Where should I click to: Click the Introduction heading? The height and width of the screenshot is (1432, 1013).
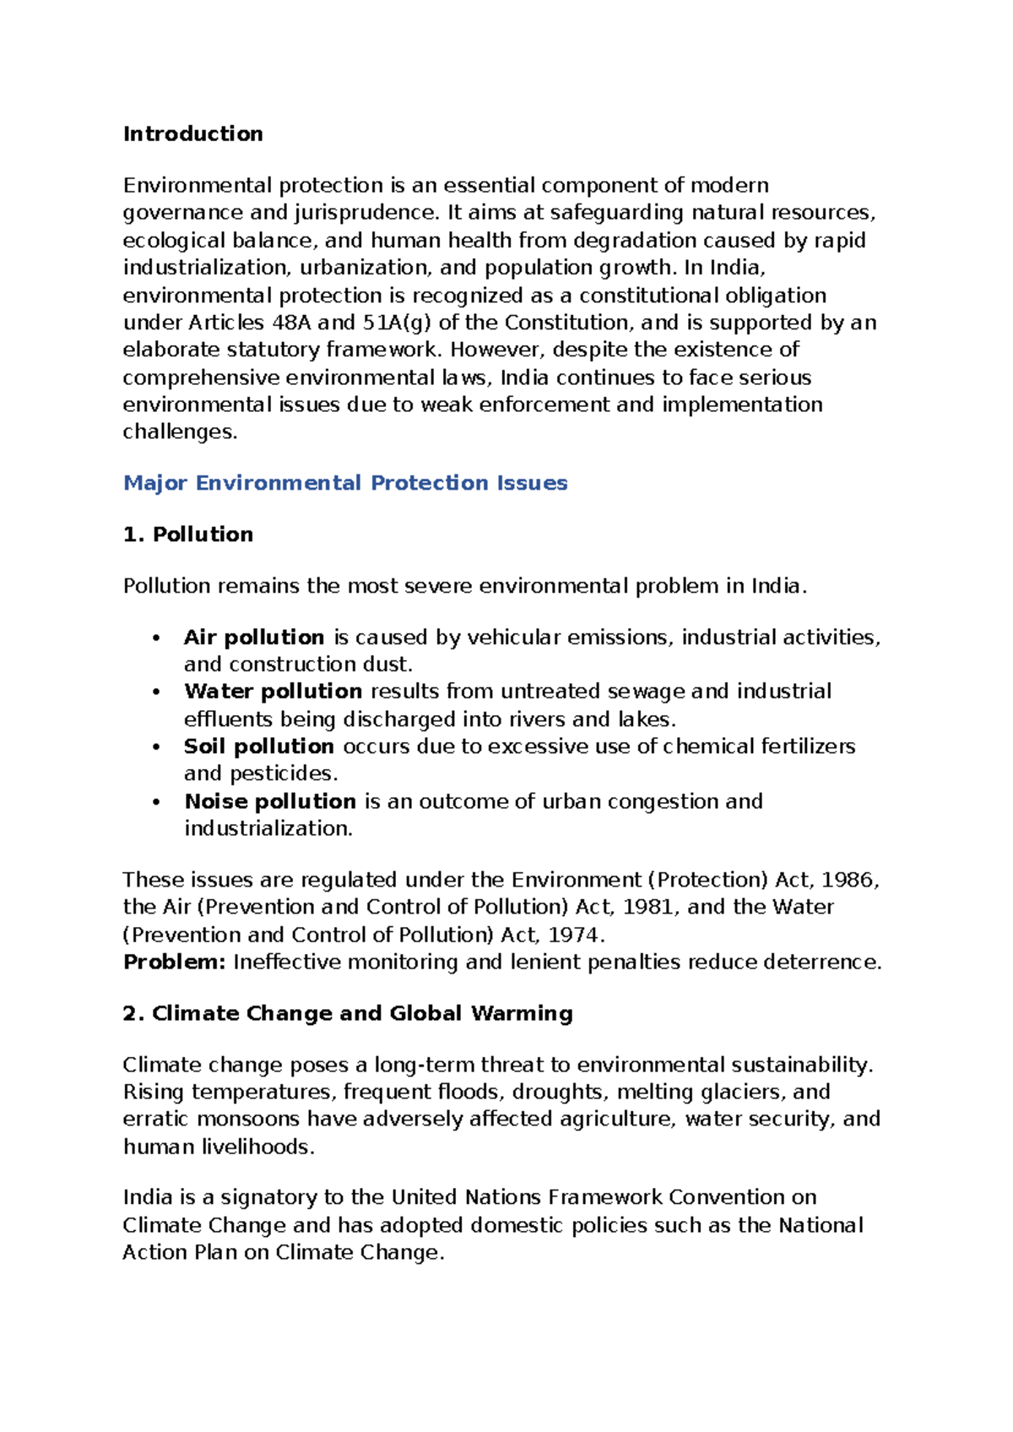[192, 133]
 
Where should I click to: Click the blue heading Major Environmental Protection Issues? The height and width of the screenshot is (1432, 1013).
[344, 482]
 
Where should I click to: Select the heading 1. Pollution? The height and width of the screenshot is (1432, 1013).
[187, 534]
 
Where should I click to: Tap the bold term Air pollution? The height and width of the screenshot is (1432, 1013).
[253, 637]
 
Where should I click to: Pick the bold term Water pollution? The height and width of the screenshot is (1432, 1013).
[273, 691]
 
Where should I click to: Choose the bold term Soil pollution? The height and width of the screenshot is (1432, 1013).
[258, 746]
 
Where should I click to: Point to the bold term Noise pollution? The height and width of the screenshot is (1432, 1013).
[270, 800]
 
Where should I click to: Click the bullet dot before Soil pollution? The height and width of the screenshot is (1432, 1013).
[156, 747]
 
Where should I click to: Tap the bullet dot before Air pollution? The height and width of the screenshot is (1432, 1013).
[156, 638]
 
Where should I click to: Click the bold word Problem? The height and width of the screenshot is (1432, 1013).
[174, 962]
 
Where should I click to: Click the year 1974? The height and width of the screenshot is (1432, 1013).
[573, 935]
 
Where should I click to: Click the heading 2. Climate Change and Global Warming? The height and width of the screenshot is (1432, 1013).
[347, 1012]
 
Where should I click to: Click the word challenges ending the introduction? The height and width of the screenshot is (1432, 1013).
[177, 431]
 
